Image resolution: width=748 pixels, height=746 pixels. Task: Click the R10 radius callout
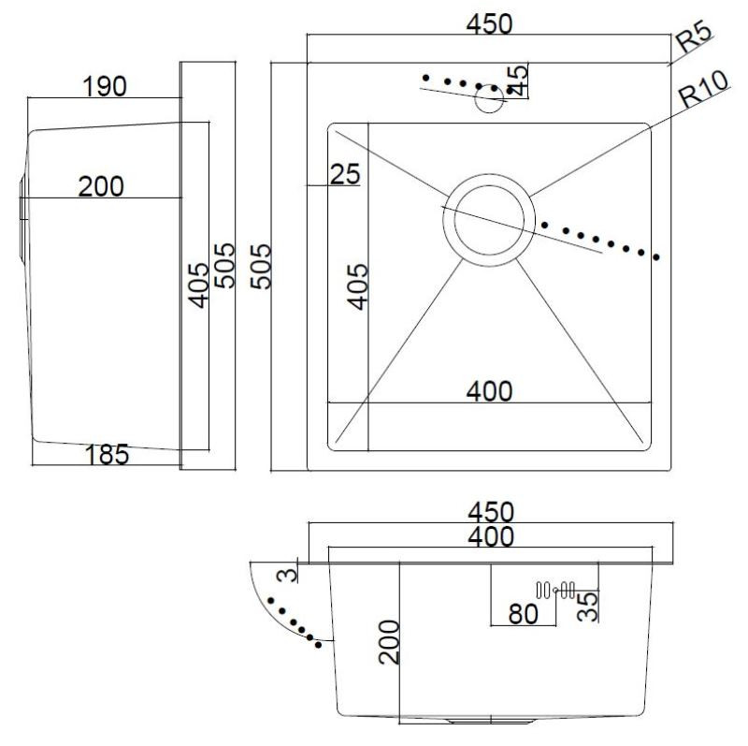point(704,89)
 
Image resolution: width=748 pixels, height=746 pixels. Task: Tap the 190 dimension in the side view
point(105,86)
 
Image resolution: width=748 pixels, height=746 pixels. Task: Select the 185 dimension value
point(107,454)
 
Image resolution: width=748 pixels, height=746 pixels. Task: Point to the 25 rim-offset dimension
point(345,174)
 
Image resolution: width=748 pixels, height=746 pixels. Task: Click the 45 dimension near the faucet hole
point(518,80)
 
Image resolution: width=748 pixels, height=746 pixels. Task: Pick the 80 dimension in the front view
point(524,614)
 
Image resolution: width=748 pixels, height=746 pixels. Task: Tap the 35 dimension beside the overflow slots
point(588,607)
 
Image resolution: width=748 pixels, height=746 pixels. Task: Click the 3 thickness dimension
point(288,574)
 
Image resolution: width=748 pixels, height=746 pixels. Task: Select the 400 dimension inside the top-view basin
point(489,391)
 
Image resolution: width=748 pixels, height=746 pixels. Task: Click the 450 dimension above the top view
point(489,24)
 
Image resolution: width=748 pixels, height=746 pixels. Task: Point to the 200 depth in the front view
point(389,642)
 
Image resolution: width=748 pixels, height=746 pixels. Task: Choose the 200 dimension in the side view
point(101,186)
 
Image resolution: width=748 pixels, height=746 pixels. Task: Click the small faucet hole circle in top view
point(490,99)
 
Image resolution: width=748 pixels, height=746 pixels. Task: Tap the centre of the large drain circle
point(489,220)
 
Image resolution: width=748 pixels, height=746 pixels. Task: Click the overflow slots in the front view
point(555,591)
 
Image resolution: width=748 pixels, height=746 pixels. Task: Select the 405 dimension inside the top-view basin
point(358,286)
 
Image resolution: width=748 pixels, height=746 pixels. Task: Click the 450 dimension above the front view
point(491,511)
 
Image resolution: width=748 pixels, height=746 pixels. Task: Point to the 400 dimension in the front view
point(491,536)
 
